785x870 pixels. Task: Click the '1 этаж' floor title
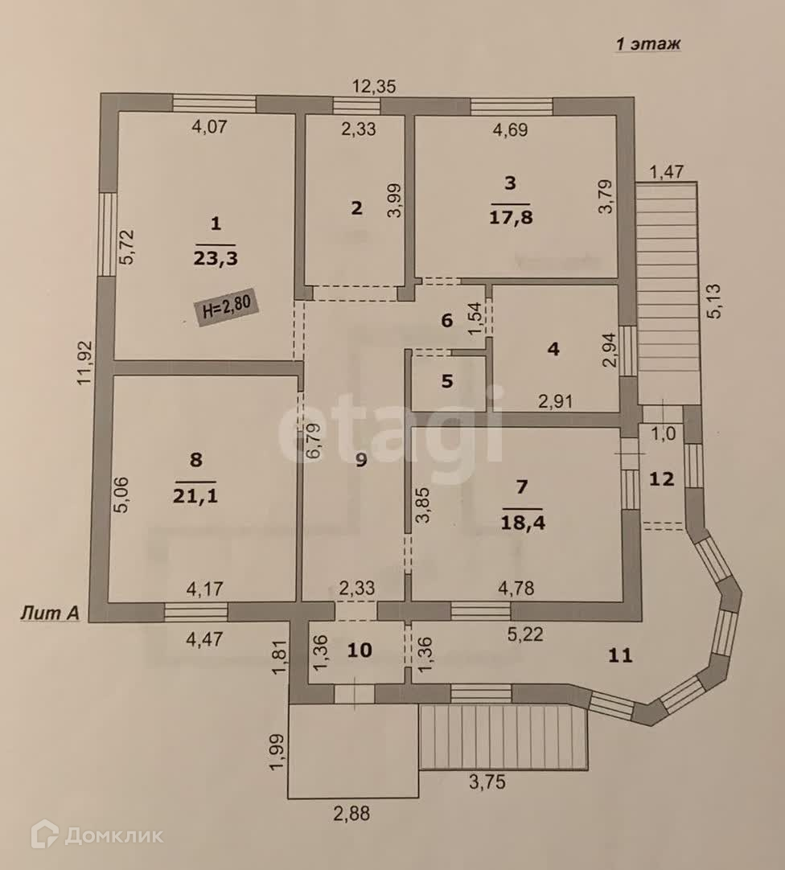coord(647,44)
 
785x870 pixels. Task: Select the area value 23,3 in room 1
coord(215,258)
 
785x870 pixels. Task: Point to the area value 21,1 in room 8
coord(195,495)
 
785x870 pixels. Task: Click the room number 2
coord(356,207)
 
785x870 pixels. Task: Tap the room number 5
coord(447,381)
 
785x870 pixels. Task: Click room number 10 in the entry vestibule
coord(360,649)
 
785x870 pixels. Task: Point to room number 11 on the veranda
coord(619,655)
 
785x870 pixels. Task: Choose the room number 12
coord(661,478)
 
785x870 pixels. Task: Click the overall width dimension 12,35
coord(377,85)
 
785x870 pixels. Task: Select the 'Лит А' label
coord(49,614)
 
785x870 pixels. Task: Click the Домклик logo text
coord(113,835)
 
